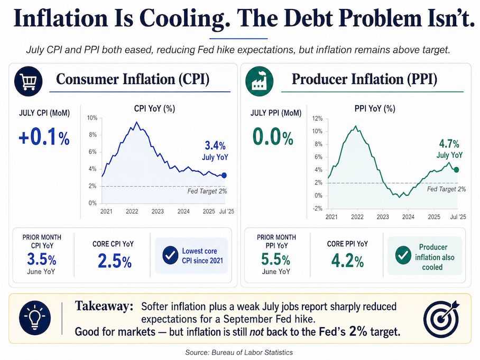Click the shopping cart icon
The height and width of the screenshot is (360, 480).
pyautogui.click(x=28, y=81)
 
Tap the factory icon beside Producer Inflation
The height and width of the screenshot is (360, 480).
pyautogui.click(x=259, y=81)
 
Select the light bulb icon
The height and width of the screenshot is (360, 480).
pyautogui.click(x=34, y=318)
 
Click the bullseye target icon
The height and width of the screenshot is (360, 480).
pyautogui.click(x=441, y=318)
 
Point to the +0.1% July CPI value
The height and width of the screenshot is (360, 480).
pyautogui.click(x=44, y=137)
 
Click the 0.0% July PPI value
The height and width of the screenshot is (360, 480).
pyautogui.click(x=273, y=137)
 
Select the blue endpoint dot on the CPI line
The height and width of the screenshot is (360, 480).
pyautogui.click(x=224, y=176)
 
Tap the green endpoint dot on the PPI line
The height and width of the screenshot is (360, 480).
pyautogui.click(x=456, y=170)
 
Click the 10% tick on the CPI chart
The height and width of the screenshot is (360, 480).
pyautogui.click(x=92, y=118)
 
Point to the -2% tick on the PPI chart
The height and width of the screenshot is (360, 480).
pyautogui.click(x=317, y=208)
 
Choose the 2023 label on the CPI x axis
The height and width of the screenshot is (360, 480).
pyautogui.click(x=158, y=211)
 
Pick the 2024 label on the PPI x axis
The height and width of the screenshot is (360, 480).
pyautogui.click(x=408, y=217)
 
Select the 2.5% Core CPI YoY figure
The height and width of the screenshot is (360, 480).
pyautogui.click(x=115, y=261)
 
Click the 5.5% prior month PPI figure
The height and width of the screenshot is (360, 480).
pyautogui.click(x=275, y=260)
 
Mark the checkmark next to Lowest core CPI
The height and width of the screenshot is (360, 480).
pyautogui.click(x=170, y=255)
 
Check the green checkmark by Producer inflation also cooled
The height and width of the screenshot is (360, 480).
pyautogui.click(x=403, y=255)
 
